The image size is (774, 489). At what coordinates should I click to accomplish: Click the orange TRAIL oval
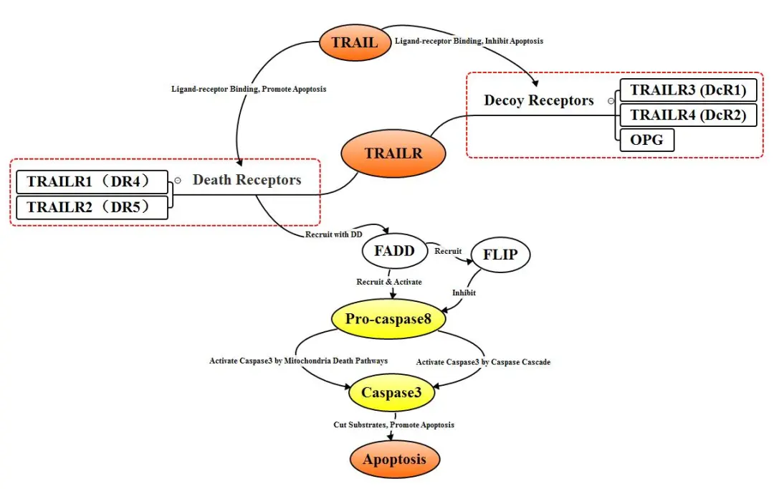(x=355, y=42)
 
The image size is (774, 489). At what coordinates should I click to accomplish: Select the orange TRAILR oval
(x=393, y=153)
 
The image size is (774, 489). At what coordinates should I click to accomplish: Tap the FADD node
(x=394, y=251)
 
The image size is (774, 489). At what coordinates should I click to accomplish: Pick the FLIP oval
(x=500, y=255)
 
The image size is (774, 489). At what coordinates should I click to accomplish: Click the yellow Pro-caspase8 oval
(x=388, y=318)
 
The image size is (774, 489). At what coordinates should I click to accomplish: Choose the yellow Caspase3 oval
(x=391, y=393)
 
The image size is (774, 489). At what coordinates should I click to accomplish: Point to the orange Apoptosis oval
(x=394, y=460)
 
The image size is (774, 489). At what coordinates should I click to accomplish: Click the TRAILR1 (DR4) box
(x=92, y=182)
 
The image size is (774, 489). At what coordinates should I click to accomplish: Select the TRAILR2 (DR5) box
(x=92, y=207)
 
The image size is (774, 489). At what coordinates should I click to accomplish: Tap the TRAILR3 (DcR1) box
(x=688, y=90)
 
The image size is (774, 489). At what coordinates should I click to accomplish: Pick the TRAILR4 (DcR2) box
(x=688, y=115)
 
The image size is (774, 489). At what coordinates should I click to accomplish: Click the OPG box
(x=646, y=140)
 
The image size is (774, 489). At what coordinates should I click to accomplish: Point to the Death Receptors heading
(x=247, y=180)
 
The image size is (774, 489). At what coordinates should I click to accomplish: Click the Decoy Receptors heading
(x=538, y=100)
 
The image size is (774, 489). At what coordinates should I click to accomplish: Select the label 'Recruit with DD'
(x=334, y=234)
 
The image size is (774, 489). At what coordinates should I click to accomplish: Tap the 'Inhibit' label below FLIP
(x=464, y=293)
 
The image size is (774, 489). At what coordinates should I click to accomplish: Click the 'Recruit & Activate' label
(x=389, y=282)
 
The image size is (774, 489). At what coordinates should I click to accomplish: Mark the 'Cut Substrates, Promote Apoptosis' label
(x=394, y=424)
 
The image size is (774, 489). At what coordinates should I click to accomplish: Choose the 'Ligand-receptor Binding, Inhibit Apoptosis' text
(x=469, y=41)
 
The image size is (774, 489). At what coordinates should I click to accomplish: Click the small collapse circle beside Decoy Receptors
(x=611, y=101)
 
